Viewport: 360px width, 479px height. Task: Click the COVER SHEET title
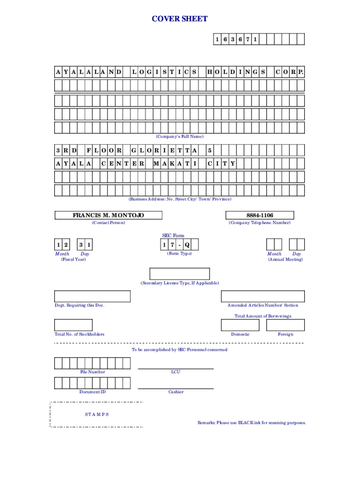pos(180,19)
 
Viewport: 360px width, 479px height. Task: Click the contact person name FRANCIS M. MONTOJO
pos(108,215)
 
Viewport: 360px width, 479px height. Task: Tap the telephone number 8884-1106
pos(259,215)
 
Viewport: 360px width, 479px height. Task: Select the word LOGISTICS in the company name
pos(164,73)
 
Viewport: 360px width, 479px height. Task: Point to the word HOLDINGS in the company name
pos(236,73)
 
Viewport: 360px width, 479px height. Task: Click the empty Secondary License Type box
pos(180,274)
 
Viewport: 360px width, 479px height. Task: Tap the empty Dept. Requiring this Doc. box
pos(92,296)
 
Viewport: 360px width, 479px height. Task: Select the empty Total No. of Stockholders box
pos(73,325)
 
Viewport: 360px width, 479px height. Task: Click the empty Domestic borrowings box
pos(240,325)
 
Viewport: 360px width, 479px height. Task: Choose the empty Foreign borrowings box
pos(286,325)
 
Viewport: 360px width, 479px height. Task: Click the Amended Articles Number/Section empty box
pos(262,296)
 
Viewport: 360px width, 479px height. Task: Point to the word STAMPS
pos(97,414)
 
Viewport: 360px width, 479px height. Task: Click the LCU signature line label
pos(176,372)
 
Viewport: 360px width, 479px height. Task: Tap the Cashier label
pos(176,392)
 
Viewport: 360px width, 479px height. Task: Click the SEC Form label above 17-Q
pos(173,236)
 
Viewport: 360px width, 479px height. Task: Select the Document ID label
pos(92,392)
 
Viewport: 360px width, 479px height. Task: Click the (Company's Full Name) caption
pos(180,137)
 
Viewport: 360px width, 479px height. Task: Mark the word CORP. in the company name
pos(289,73)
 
